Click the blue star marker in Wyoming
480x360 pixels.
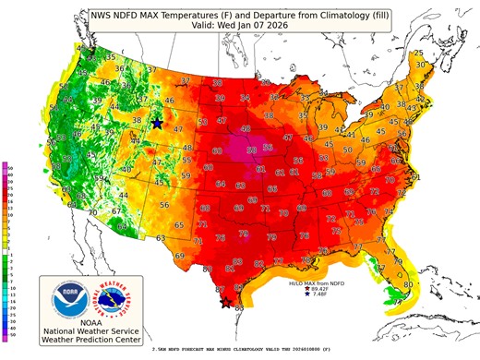click(157, 123)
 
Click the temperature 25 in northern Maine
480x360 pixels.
click(418, 53)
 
